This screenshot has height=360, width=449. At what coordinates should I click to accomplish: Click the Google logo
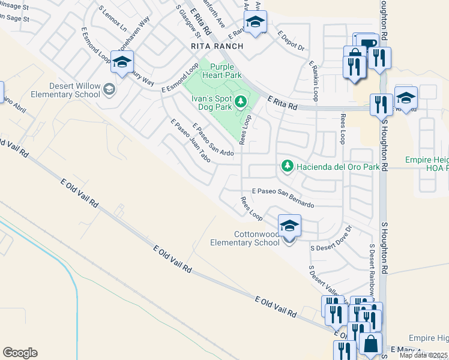click(x=20, y=353)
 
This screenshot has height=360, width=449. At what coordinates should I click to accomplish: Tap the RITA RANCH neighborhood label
click(x=217, y=46)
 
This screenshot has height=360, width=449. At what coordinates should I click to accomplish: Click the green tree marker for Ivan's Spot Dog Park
click(x=241, y=101)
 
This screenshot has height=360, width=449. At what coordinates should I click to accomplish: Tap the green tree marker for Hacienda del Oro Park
click(x=287, y=166)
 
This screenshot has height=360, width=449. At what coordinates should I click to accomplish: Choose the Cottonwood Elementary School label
click(x=244, y=238)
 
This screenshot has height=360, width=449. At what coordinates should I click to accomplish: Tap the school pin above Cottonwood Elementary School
click(x=289, y=226)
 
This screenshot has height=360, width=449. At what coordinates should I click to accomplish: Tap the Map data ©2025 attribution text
click(x=423, y=356)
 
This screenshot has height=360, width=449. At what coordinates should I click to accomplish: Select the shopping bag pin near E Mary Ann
click(x=371, y=344)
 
